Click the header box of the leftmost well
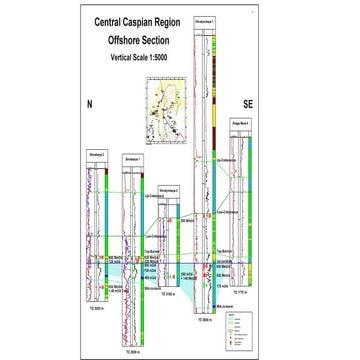coord(97,158)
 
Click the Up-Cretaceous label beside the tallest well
coord(227,160)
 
